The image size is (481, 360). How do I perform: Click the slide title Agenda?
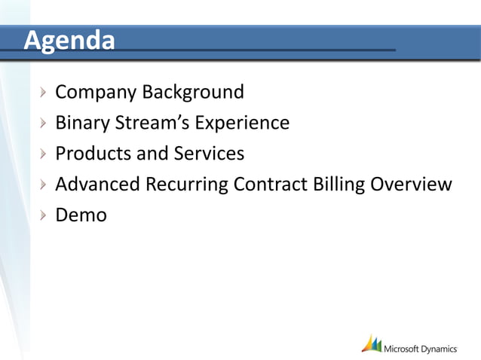pyautogui.click(x=69, y=40)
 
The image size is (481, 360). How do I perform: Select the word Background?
pyautogui.click(x=193, y=92)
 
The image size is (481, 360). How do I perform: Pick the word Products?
pyautogui.click(x=93, y=154)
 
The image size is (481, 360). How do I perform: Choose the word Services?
pyautogui.click(x=210, y=154)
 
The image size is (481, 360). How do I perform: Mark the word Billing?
pyautogui.click(x=339, y=185)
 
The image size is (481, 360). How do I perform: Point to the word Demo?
pyautogui.click(x=81, y=215)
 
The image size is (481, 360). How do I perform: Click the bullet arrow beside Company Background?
pyautogui.click(x=45, y=93)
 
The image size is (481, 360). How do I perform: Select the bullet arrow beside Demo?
pyautogui.click(x=45, y=215)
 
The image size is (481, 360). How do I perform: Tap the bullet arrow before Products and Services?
pyautogui.click(x=45, y=154)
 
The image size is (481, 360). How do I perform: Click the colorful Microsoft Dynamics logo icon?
pyautogui.click(x=371, y=343)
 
